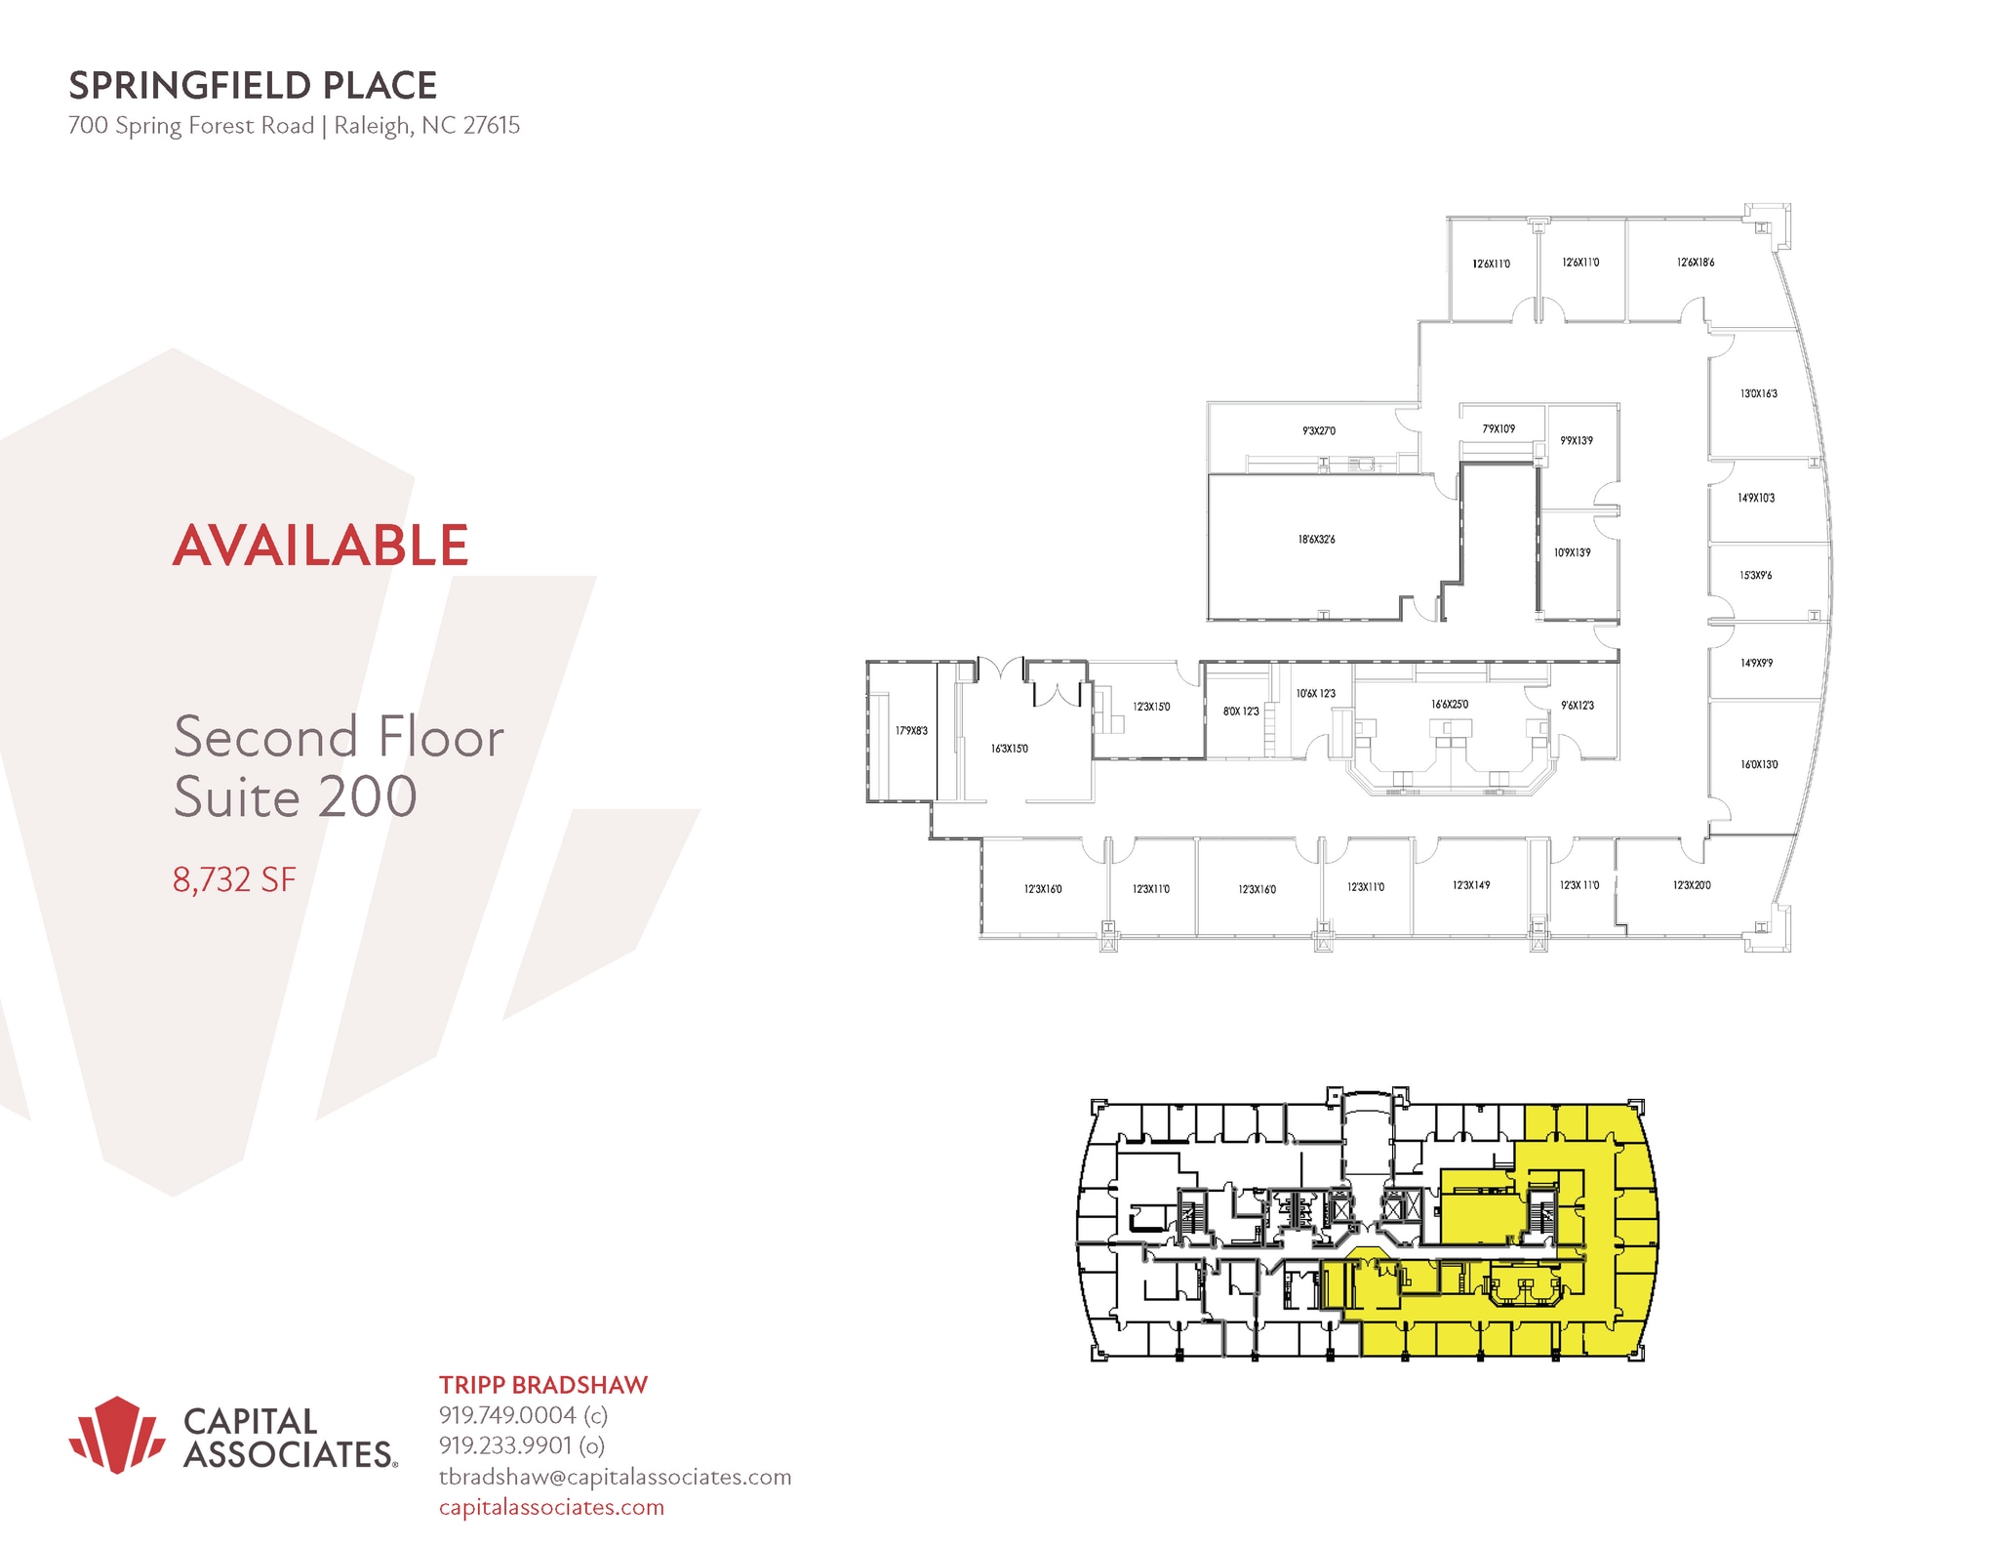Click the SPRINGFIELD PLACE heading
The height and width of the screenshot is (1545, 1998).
[252, 86]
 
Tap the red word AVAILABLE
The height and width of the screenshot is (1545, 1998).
[321, 545]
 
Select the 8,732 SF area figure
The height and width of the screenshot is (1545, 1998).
[234, 879]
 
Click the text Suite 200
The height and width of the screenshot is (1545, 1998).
[296, 796]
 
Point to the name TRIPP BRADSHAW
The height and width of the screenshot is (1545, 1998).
[542, 1384]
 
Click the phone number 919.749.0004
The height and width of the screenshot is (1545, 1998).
[507, 1414]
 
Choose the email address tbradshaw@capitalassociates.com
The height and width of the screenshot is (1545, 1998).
[615, 1477]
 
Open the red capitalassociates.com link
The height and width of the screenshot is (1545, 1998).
[551, 1507]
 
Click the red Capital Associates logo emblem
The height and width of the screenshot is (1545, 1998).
[116, 1434]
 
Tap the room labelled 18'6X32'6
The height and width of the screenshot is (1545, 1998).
[1316, 539]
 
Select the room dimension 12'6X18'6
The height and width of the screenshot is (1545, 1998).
[1696, 263]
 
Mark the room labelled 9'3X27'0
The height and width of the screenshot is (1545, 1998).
[1319, 430]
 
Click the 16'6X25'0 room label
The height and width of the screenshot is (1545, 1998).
[1450, 704]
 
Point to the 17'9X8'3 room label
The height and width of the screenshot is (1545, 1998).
[912, 730]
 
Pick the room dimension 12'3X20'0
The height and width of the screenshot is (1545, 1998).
[1692, 885]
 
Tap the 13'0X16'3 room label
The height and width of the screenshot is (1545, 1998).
[1759, 394]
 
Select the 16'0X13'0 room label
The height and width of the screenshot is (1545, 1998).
[1759, 764]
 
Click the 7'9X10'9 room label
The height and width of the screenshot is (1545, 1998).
[1498, 428]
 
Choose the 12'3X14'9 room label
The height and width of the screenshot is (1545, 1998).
[1471, 885]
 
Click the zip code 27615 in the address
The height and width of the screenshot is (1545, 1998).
[492, 126]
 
